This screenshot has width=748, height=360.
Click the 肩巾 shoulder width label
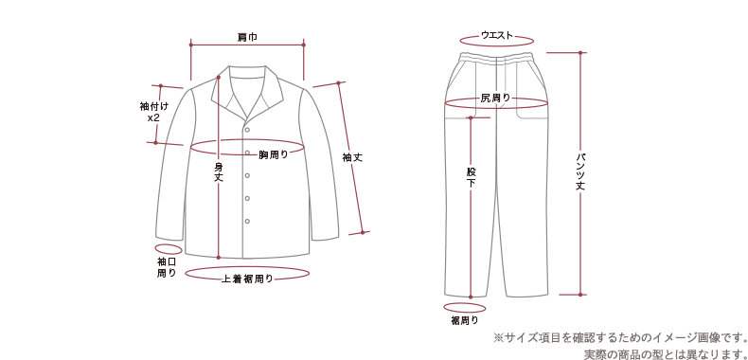click(247, 38)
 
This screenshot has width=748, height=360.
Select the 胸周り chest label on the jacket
click(274, 153)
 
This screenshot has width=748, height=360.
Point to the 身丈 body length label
click(219, 171)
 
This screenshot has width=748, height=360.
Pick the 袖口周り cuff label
click(167, 266)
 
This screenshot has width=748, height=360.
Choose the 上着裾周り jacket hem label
click(247, 279)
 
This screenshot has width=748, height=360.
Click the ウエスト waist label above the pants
click(497, 36)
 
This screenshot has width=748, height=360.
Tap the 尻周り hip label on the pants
click(495, 98)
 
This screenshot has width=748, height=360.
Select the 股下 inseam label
click(471, 176)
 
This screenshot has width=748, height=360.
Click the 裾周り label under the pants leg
click(464, 321)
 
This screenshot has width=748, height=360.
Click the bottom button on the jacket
click(247, 221)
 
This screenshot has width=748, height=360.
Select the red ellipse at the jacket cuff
click(167, 247)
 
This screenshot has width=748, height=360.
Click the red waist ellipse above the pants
click(497, 43)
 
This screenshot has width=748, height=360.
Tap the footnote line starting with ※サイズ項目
click(620, 337)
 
